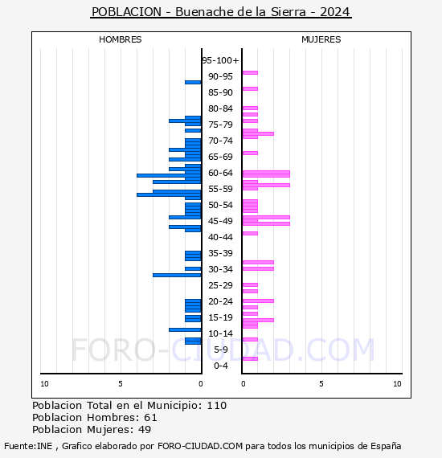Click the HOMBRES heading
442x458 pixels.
[120, 39]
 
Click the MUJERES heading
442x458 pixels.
[321, 39]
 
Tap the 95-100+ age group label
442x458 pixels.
[220, 60]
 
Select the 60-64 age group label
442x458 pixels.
[220, 173]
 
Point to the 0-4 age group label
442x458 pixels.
[221, 366]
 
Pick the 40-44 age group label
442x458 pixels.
[220, 237]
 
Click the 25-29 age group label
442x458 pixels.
[220, 285]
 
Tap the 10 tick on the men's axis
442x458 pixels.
[44, 384]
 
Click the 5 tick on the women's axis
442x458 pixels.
[321, 384]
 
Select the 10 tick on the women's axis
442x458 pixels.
[397, 384]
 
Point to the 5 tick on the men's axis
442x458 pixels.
[121, 384]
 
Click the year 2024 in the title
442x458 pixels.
[335, 12]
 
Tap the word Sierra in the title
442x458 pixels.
[288, 12]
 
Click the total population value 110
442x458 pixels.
[217, 406]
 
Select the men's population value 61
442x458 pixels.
[151, 418]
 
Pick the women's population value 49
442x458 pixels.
[145, 430]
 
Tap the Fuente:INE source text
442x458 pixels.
[28, 446]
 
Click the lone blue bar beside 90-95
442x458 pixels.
[193, 83]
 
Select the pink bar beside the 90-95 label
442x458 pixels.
[250, 73]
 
